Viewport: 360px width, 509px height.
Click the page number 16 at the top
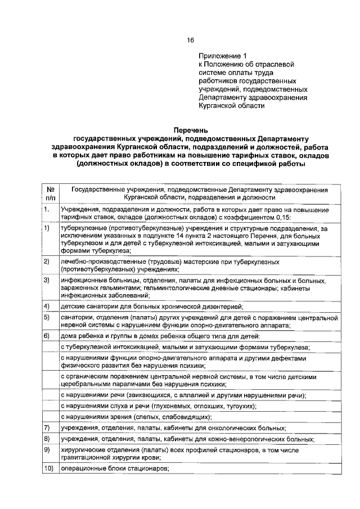click(190, 40)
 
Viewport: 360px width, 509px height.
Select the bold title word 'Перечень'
click(190, 130)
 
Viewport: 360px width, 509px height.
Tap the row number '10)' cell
click(48, 468)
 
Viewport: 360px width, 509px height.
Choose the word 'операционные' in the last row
click(83, 468)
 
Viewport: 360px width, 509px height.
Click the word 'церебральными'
click(86, 385)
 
